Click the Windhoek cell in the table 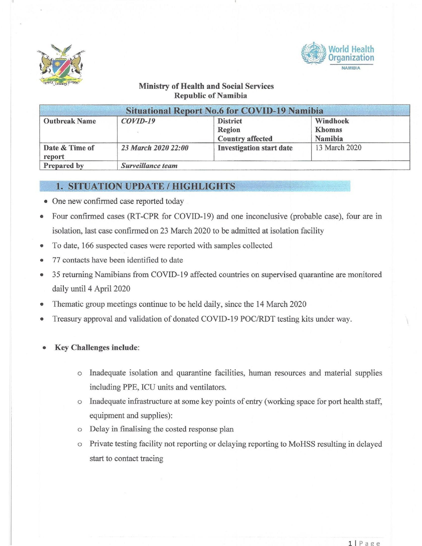tap(332, 121)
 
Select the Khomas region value tap(328, 130)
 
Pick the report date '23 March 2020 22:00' tap(155, 148)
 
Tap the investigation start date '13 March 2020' tap(338, 148)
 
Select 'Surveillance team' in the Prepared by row tap(149, 166)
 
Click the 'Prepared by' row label tap(64, 166)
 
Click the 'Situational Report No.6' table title tap(224, 111)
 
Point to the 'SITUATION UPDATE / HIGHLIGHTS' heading tap(152, 186)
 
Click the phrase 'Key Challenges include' tap(96, 347)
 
